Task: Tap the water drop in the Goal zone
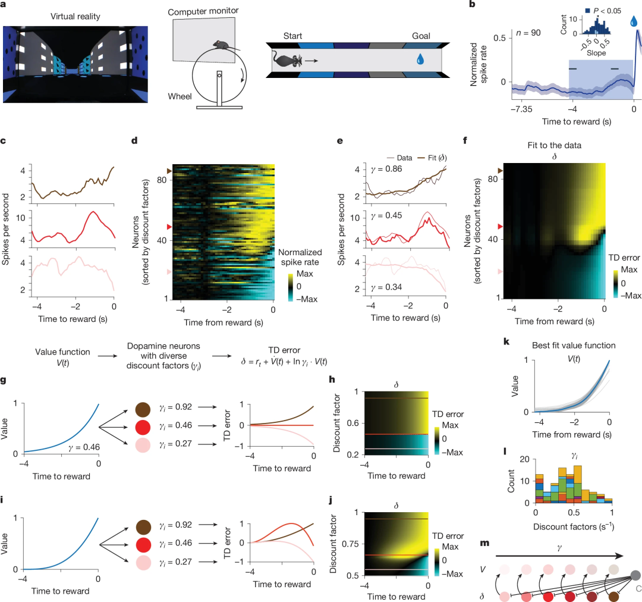tap(421, 59)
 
